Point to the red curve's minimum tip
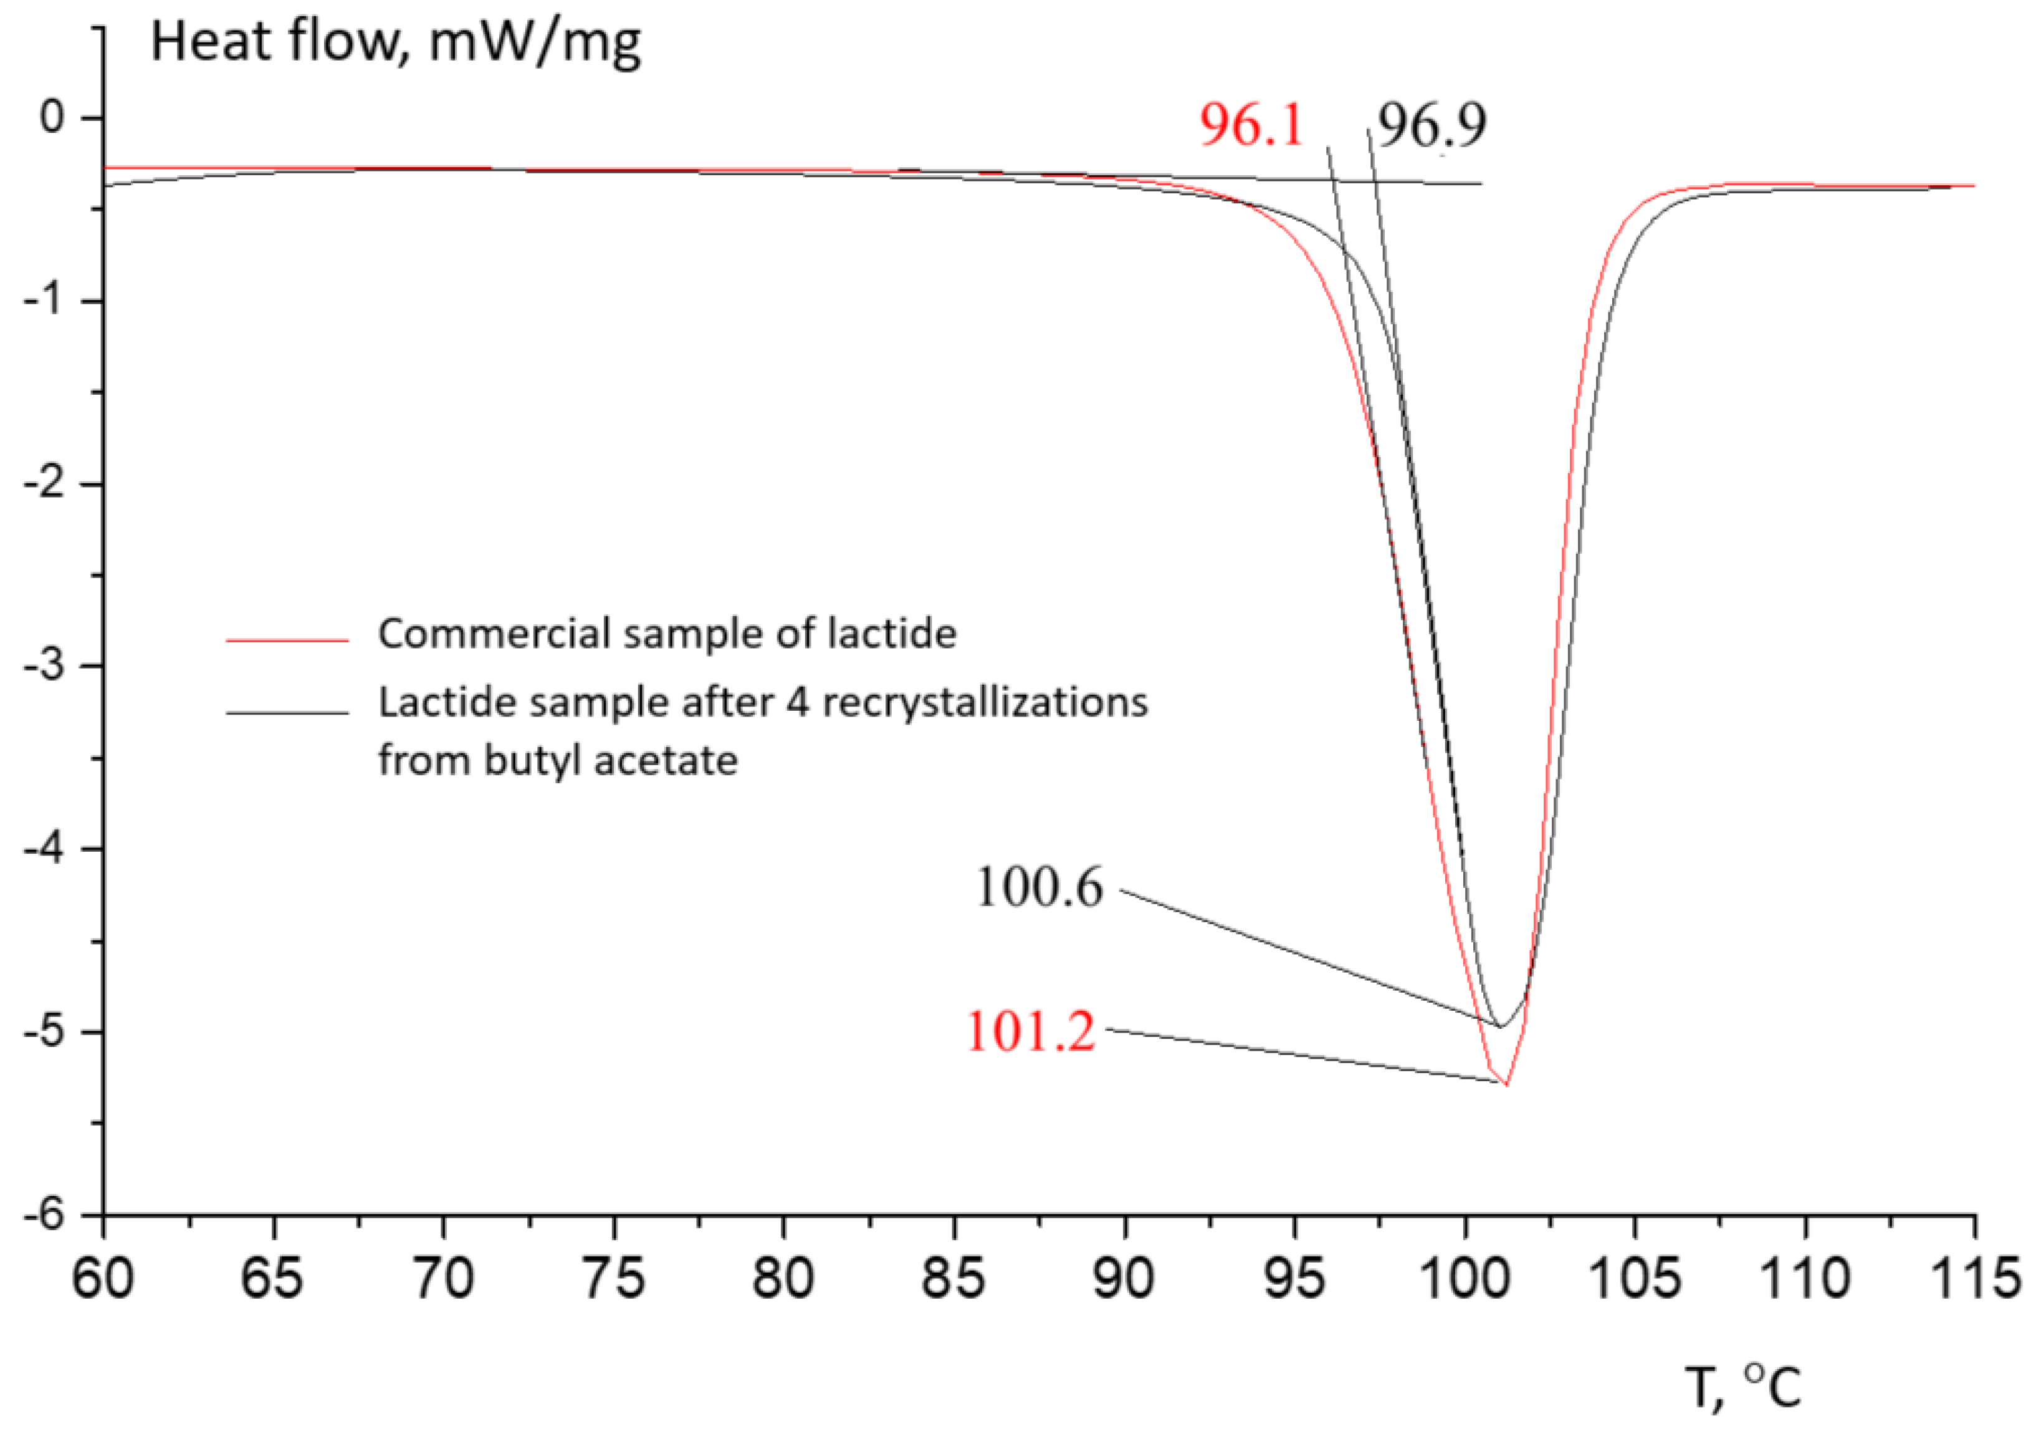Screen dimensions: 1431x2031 pyautogui.click(x=1506, y=1084)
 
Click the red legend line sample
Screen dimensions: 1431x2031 pyautogui.click(x=287, y=639)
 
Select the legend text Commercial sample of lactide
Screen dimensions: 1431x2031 pyautogui.click(x=667, y=634)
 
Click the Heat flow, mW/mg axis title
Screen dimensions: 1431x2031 pyautogui.click(x=395, y=42)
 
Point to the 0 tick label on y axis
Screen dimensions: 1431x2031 pyautogui.click(x=52, y=117)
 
